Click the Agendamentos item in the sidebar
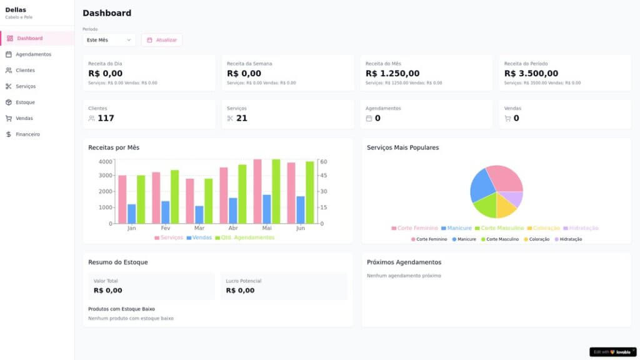(33, 54)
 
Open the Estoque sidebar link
(25, 102)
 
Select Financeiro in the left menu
(27, 134)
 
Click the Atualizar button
(162, 40)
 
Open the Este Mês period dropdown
(109, 40)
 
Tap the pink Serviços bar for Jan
(122, 199)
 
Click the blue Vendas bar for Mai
(267, 209)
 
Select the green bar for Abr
(242, 194)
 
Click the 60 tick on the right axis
(324, 161)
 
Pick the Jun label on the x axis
(300, 229)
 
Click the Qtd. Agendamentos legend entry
(244, 237)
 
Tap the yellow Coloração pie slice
(506, 204)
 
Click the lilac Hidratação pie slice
(514, 198)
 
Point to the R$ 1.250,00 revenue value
(392, 73)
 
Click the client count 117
(106, 118)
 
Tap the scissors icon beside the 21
(230, 118)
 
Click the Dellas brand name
(16, 9)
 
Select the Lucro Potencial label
(244, 281)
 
